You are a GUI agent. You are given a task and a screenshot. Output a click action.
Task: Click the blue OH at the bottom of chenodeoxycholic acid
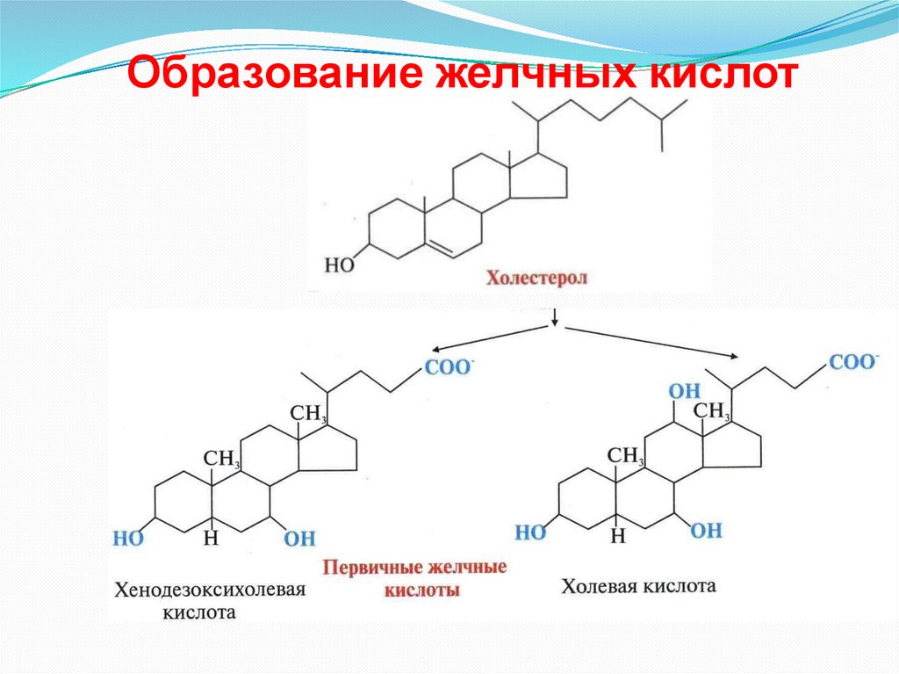coord(299,539)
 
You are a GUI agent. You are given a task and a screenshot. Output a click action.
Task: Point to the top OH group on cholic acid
coord(683,390)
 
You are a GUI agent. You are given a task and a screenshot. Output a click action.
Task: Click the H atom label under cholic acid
coord(618,533)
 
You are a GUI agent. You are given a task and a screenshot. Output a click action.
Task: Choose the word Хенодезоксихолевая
coord(209,590)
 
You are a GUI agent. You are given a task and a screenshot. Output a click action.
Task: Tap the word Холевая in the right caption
coord(597,585)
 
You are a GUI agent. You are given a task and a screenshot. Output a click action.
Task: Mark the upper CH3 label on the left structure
coord(308,412)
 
